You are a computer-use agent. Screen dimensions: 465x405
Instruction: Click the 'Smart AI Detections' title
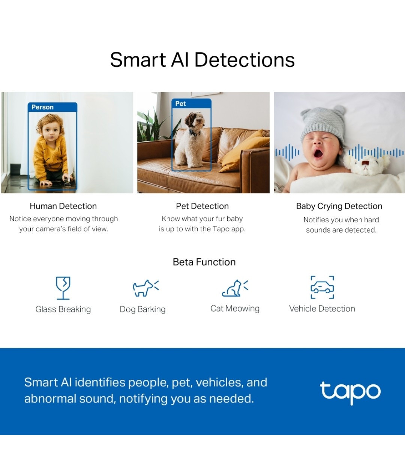pyautogui.click(x=202, y=60)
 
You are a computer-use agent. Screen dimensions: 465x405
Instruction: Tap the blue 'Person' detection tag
pyautogui.click(x=42, y=107)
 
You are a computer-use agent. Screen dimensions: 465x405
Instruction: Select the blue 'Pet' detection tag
pyautogui.click(x=181, y=103)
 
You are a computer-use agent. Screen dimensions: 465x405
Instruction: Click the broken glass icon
pyautogui.click(x=63, y=288)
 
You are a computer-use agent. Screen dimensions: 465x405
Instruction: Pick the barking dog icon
pyautogui.click(x=145, y=288)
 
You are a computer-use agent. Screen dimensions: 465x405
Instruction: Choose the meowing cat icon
pyautogui.click(x=235, y=288)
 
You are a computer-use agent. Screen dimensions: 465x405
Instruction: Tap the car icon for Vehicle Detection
pyautogui.click(x=322, y=288)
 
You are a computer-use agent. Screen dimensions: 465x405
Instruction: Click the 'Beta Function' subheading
pyautogui.click(x=204, y=262)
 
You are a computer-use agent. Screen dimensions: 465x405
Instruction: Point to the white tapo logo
pyautogui.click(x=350, y=392)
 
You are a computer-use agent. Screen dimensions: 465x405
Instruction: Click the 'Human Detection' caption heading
pyautogui.click(x=63, y=206)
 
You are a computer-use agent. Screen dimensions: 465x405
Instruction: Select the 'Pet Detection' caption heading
pyautogui.click(x=202, y=206)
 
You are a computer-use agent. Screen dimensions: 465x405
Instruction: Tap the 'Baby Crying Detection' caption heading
pyautogui.click(x=339, y=206)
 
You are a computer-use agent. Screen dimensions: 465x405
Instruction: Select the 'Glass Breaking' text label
pyautogui.click(x=63, y=309)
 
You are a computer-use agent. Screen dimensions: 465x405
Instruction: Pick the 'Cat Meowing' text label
pyautogui.click(x=235, y=309)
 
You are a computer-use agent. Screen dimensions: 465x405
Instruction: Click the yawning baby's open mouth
pyautogui.click(x=318, y=153)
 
